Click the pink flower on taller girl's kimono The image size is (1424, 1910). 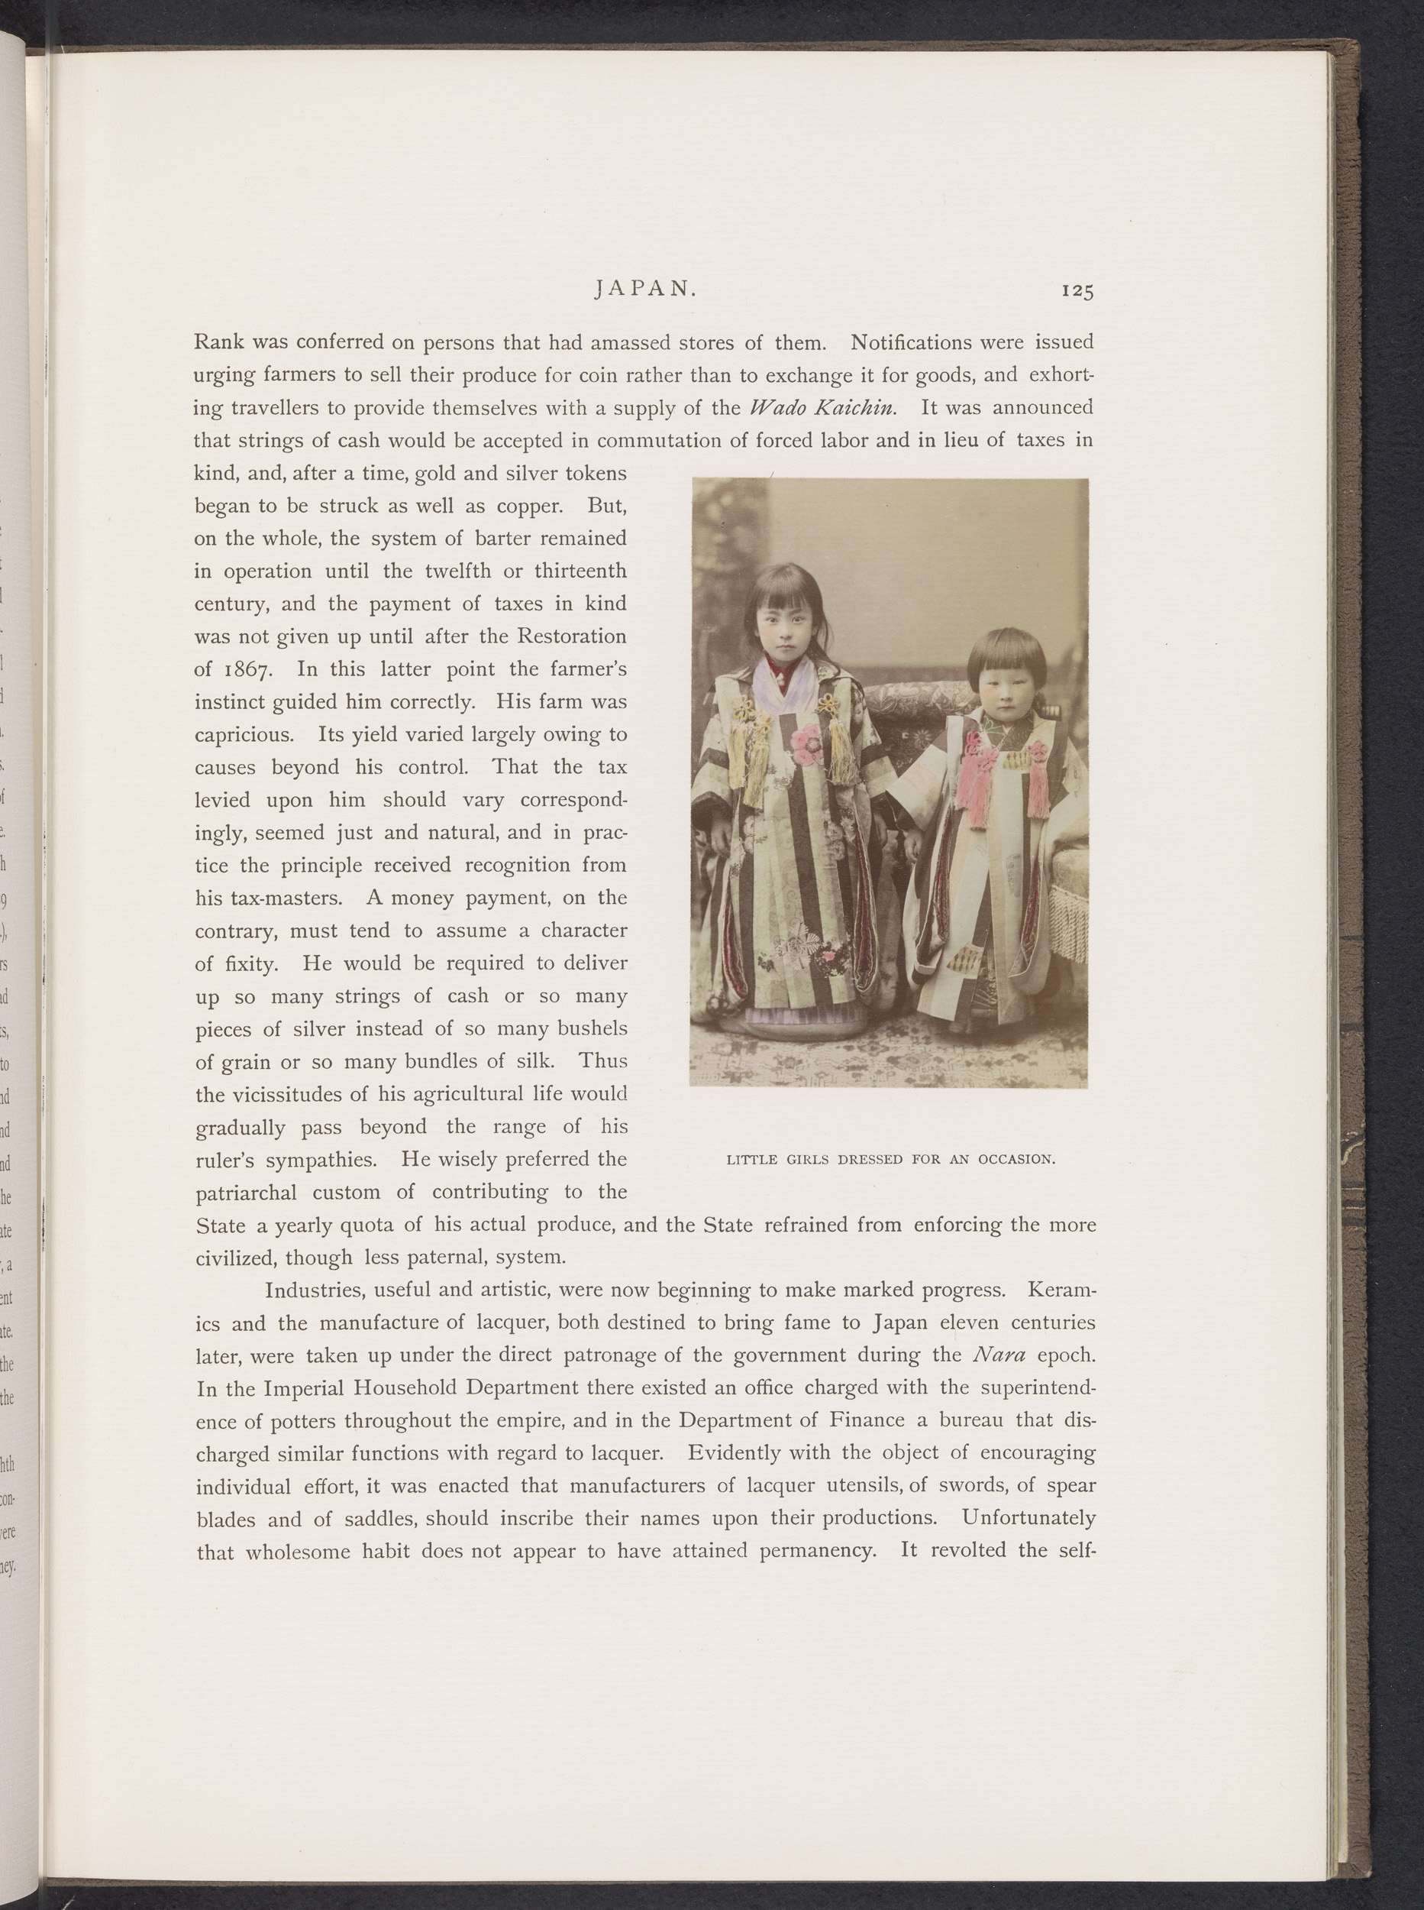pos(808,743)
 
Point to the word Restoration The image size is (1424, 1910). pos(570,637)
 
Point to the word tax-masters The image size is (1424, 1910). pos(269,898)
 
